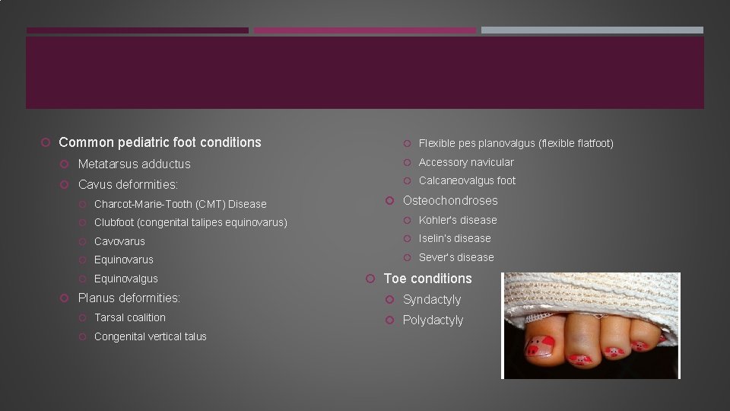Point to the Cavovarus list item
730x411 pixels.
(119, 241)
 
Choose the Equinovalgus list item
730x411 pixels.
(125, 279)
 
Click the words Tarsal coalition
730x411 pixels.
(129, 317)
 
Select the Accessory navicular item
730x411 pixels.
(465, 162)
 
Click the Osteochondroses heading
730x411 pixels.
(450, 201)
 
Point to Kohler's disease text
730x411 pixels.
(458, 220)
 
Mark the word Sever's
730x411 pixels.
(436, 257)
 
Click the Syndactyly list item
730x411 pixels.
(432, 299)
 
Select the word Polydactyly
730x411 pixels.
(433, 320)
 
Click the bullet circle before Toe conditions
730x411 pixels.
(370, 279)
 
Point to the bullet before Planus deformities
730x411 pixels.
(65, 298)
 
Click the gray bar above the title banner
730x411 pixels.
(592, 30)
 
